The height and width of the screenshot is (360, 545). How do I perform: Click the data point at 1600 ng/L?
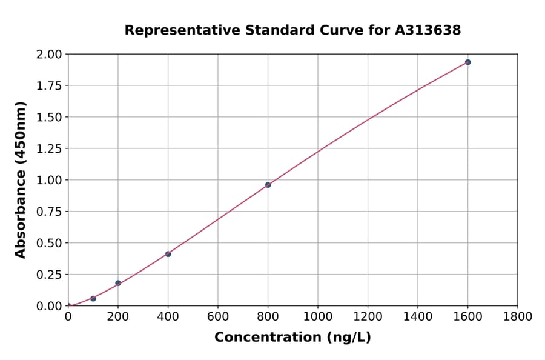click(x=467, y=62)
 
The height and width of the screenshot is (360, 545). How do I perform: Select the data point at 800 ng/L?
click(x=268, y=185)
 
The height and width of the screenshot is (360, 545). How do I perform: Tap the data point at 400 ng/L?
click(x=168, y=254)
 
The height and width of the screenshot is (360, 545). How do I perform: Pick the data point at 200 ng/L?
click(x=118, y=283)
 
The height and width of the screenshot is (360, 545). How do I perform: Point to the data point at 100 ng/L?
click(x=93, y=298)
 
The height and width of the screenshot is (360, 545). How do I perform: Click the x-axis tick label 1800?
click(x=517, y=317)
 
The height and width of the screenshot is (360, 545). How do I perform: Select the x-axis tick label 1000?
click(x=317, y=317)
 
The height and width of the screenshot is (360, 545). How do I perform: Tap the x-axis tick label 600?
click(x=217, y=317)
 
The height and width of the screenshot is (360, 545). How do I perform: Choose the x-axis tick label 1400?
click(x=417, y=317)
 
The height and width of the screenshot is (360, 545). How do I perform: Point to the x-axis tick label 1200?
click(x=368, y=317)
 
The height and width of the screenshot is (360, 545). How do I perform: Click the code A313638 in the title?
click(x=428, y=30)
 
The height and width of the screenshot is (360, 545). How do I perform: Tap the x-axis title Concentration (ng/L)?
click(x=292, y=338)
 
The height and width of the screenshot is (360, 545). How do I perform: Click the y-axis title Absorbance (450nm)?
click(x=21, y=180)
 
